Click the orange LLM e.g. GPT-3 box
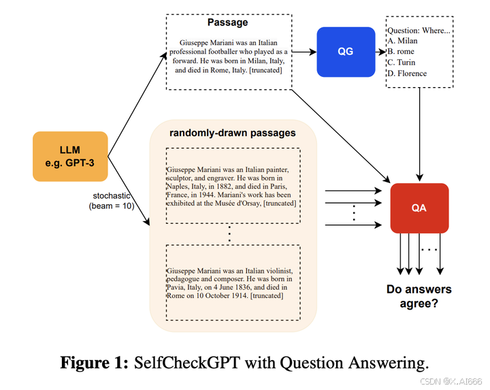pyautogui.click(x=70, y=157)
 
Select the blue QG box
pyautogui.click(x=346, y=51)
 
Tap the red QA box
pyautogui.click(x=419, y=208)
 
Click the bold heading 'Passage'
pyautogui.click(x=228, y=22)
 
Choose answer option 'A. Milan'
pyautogui.click(x=402, y=41)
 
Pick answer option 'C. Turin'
pyautogui.click(x=402, y=63)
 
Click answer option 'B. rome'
pyautogui.click(x=402, y=52)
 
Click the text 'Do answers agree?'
pyautogui.click(x=419, y=296)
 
